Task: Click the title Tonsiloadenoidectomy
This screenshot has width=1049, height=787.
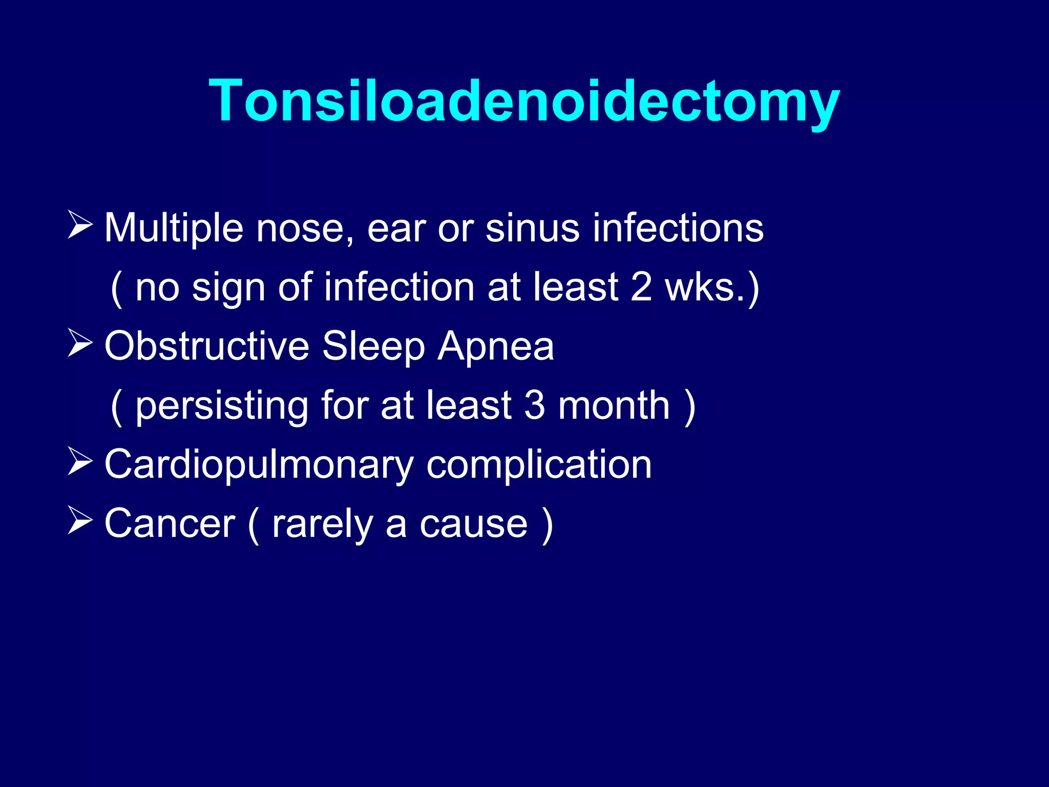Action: (x=524, y=101)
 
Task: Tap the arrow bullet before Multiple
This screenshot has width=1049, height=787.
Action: (x=80, y=225)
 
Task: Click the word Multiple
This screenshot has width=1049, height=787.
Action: (x=174, y=228)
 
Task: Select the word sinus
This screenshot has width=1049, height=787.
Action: (x=532, y=228)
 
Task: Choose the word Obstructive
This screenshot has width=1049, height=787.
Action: (x=206, y=346)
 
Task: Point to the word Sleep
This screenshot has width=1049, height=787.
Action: (x=373, y=347)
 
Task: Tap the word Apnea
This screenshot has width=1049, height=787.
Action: (x=495, y=347)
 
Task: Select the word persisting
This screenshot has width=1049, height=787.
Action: (x=221, y=406)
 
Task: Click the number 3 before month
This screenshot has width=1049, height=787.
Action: (x=534, y=405)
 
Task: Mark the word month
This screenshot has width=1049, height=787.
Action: (x=614, y=405)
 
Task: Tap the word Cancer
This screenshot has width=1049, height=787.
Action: (x=170, y=524)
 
